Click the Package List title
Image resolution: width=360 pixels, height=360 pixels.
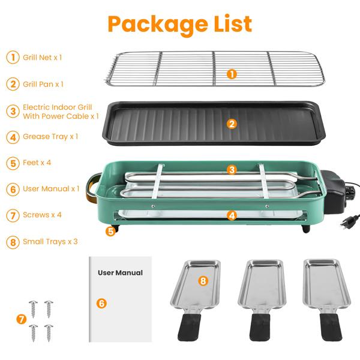(x=179, y=24)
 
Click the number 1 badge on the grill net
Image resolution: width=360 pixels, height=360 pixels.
(x=232, y=74)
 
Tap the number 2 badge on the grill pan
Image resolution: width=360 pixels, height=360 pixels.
(x=232, y=124)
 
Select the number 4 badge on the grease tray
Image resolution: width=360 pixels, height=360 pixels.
(x=232, y=214)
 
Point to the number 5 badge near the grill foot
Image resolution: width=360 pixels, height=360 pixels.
(x=109, y=230)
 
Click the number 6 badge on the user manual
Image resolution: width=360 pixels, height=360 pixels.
(x=101, y=303)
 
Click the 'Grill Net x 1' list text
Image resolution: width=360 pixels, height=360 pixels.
(x=43, y=58)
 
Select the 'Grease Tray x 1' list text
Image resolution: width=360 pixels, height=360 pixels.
(x=50, y=137)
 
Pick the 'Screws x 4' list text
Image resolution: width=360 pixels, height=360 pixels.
(x=43, y=215)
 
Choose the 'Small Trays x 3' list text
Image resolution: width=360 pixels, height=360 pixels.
(x=50, y=241)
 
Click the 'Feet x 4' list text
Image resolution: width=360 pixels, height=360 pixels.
(x=37, y=163)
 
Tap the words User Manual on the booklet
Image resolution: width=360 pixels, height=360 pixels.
(x=120, y=272)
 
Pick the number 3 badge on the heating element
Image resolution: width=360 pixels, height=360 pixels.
(x=232, y=170)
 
